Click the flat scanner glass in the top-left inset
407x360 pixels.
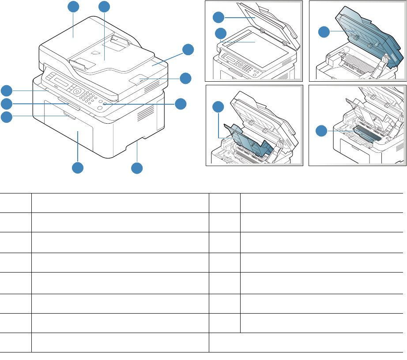tap(255, 42)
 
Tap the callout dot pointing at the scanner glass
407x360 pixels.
tap(220, 33)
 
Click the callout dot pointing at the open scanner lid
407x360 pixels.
tap(218, 17)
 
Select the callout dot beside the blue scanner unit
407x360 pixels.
tap(324, 31)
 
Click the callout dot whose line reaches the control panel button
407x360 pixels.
tap(180, 104)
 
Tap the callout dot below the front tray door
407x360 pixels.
tap(78, 168)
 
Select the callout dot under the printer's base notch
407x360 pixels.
tap(137, 168)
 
